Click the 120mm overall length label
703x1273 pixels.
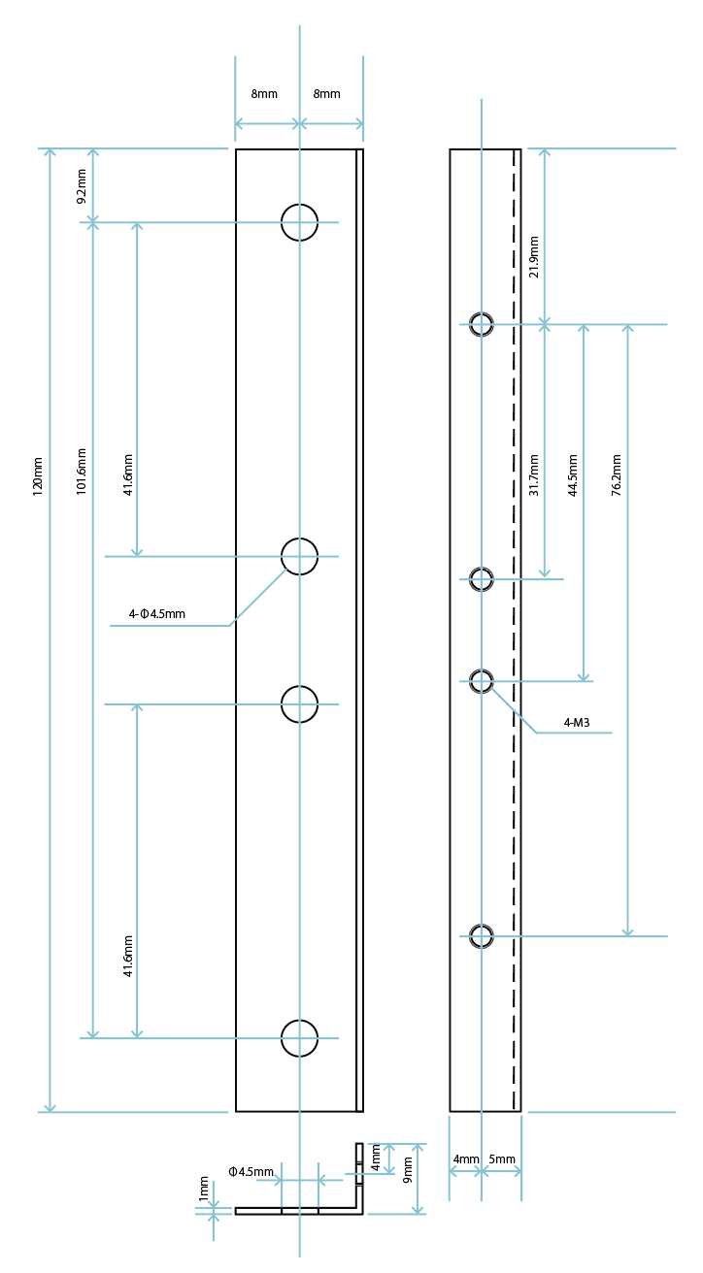[x=38, y=476]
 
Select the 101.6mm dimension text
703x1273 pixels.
[x=82, y=472]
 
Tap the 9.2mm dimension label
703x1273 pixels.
[x=82, y=185]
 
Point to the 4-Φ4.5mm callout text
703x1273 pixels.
[x=156, y=614]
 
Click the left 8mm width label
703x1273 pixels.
[x=264, y=94]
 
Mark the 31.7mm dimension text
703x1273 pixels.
[x=533, y=475]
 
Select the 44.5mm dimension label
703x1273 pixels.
[x=573, y=475]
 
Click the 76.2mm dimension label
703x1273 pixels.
[x=617, y=475]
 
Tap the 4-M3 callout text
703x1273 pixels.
[x=577, y=723]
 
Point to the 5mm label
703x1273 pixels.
[x=502, y=1159]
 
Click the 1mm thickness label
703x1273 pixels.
[x=204, y=1190]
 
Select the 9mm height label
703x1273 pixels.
[x=408, y=1170]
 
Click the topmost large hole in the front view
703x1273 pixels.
[x=299, y=222]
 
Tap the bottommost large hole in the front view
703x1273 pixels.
[x=299, y=1038]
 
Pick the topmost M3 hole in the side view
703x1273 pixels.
[x=482, y=324]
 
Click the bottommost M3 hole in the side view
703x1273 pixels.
[x=482, y=936]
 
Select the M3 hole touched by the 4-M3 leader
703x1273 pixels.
[x=482, y=681]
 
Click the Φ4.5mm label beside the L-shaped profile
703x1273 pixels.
[x=251, y=1172]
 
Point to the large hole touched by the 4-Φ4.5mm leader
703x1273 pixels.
[x=299, y=556]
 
